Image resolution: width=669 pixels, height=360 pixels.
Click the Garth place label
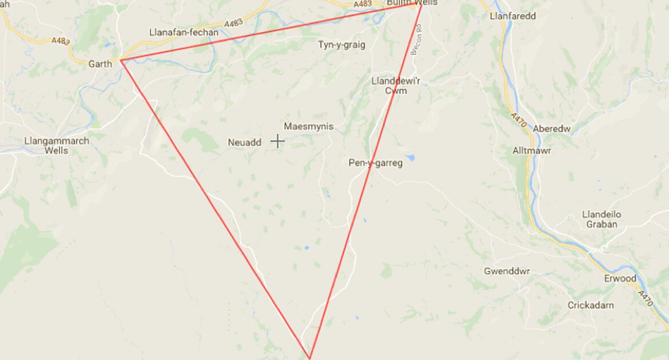click(x=100, y=64)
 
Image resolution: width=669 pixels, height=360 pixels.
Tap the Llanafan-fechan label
click(x=183, y=33)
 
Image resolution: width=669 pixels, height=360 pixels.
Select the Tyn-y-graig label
click(x=341, y=45)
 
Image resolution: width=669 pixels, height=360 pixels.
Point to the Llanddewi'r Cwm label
click(x=396, y=86)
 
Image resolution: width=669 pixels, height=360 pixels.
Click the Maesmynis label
click(x=309, y=126)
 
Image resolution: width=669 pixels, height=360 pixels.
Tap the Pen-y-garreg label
click(x=376, y=163)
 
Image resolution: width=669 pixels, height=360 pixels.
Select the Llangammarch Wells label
click(x=57, y=146)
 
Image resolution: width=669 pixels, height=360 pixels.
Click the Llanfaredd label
click(x=513, y=16)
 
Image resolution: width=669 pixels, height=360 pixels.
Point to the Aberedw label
click(x=552, y=129)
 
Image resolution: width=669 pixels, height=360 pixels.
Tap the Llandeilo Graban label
click(x=602, y=219)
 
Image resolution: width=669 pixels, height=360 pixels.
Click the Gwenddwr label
click(x=503, y=271)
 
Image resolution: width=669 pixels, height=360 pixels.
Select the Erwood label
click(x=620, y=278)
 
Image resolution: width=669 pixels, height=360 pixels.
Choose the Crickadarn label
click(x=591, y=305)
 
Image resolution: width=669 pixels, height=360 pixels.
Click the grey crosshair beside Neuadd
click(x=277, y=141)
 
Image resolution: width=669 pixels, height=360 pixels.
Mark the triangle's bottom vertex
click(x=309, y=358)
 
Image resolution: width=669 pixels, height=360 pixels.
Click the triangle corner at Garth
click(x=121, y=60)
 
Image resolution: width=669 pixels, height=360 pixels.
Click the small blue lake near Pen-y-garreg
click(x=410, y=157)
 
